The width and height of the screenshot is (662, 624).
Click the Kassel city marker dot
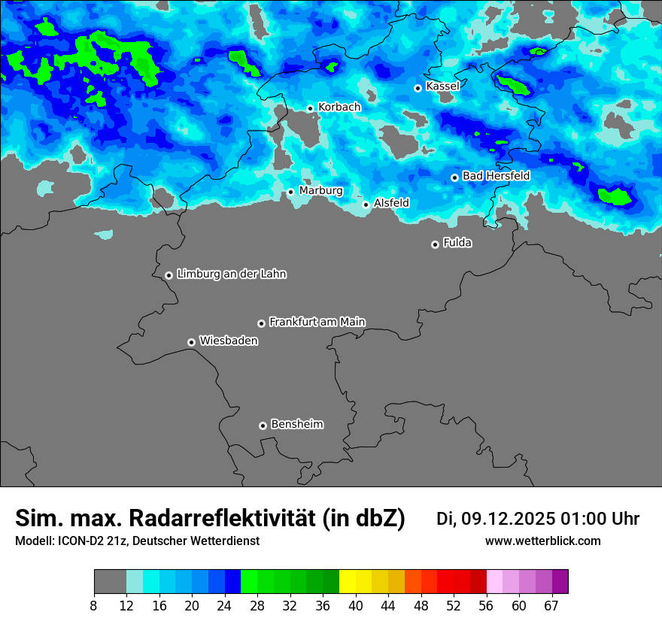pyautogui.click(x=418, y=88)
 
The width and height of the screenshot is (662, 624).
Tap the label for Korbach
pyautogui.click(x=339, y=108)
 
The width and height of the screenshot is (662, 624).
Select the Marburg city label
pyautogui.click(x=320, y=191)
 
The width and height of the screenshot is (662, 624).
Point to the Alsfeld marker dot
pyautogui.click(x=366, y=204)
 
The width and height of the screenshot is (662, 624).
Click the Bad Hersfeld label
pyautogui.click(x=496, y=176)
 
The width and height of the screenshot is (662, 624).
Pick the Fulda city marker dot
pyautogui.click(x=435, y=244)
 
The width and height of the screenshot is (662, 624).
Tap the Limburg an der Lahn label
pyautogui.click(x=231, y=274)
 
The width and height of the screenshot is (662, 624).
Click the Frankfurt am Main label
pyautogui.click(x=317, y=322)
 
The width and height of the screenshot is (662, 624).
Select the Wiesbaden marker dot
pyautogui.click(x=192, y=342)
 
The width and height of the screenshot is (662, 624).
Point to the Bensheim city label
pyautogui.click(x=296, y=424)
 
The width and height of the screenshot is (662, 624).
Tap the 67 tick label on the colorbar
pyautogui.click(x=552, y=605)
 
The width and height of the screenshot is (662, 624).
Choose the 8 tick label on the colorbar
pyautogui.click(x=94, y=605)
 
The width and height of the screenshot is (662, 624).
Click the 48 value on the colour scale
pyautogui.click(x=421, y=605)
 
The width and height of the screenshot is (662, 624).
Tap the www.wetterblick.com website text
pyautogui.click(x=542, y=541)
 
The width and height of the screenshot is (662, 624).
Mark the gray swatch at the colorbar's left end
pyautogui.click(x=110, y=582)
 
